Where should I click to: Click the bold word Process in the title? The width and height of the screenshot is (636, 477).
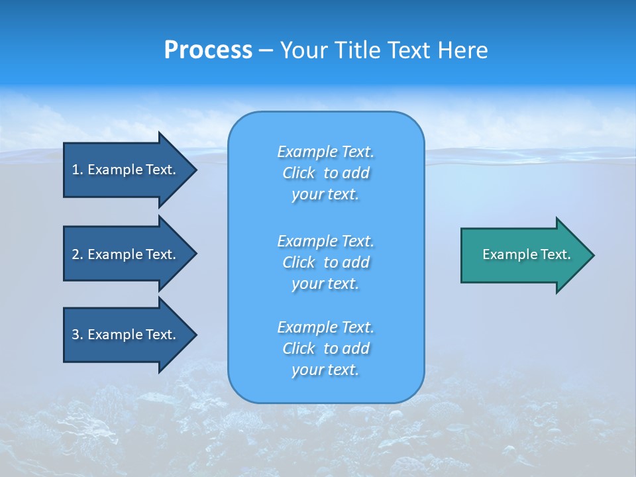208,50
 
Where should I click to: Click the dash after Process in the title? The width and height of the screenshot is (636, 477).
266,51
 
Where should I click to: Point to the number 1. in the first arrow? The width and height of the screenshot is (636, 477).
78,170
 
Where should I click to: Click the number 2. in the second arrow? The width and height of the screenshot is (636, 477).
78,254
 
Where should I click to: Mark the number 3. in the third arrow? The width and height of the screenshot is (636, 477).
78,335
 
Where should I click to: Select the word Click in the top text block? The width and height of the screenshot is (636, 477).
299,173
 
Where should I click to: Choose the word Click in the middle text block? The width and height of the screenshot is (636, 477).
299,262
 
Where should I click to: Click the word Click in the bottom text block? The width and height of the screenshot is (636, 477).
299,348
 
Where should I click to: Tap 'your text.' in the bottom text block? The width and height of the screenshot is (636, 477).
325,370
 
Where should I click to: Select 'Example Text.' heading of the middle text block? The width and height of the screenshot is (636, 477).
325,240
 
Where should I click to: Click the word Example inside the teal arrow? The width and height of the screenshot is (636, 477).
504,254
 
